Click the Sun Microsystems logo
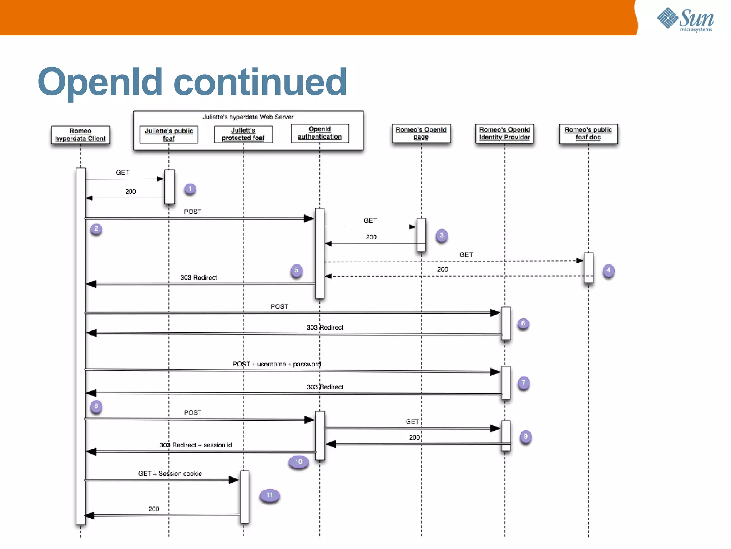click(685, 20)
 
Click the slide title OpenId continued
click(192, 82)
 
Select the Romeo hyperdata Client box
click(80, 135)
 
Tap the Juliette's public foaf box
click(168, 135)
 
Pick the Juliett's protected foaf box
click(243, 134)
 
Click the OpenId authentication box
click(319, 133)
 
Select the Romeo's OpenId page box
click(421, 133)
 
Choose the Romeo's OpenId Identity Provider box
click(504, 134)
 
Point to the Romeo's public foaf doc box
click(588, 134)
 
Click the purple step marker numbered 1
click(190, 189)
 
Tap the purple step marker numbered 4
click(608, 270)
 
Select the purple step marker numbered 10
click(298, 462)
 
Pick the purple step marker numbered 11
click(269, 495)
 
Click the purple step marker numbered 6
click(523, 323)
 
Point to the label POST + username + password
click(276, 364)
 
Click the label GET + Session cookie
click(170, 474)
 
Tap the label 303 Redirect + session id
click(196, 445)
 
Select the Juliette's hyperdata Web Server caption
click(248, 117)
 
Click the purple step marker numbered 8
click(96, 406)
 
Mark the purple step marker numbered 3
click(442, 236)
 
